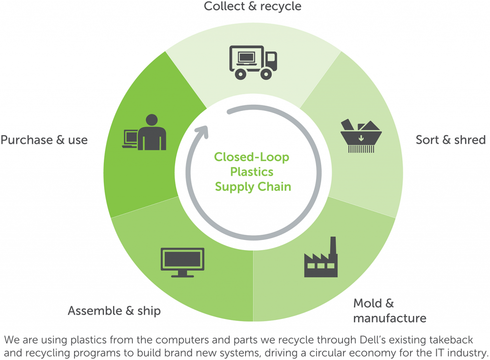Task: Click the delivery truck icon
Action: pyautogui.click(x=253, y=62)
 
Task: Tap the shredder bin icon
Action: pyautogui.click(x=360, y=136)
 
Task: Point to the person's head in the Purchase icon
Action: pyautogui.click(x=152, y=120)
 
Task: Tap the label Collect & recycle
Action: pyautogui.click(x=253, y=6)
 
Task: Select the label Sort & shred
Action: pyautogui.click(x=450, y=140)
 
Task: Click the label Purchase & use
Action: pyautogui.click(x=44, y=140)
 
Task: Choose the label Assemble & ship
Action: pyautogui.click(x=114, y=311)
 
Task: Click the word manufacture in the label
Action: pyautogui.click(x=390, y=318)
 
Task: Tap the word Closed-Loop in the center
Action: pyautogui.click(x=252, y=157)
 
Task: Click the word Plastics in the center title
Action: pyautogui.click(x=252, y=172)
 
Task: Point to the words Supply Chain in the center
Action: pyautogui.click(x=253, y=186)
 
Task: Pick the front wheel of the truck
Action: pyautogui.click(x=266, y=74)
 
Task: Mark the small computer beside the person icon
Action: pyautogui.click(x=130, y=139)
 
